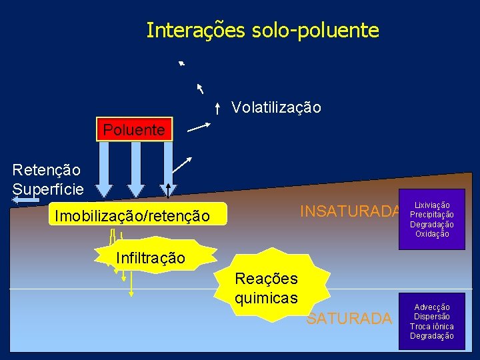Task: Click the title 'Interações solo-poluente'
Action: [263, 30]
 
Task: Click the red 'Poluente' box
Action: [134, 130]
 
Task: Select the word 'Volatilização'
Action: [276, 107]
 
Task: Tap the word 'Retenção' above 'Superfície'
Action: [46, 171]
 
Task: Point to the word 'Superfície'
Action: [48, 189]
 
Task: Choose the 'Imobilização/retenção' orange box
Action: [132, 215]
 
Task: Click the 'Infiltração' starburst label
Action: [150, 257]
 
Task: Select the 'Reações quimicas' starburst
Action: [267, 287]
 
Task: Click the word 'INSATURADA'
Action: [350, 211]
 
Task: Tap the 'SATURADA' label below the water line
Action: [349, 319]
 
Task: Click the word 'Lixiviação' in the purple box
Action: [432, 205]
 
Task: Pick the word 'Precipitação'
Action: [432, 215]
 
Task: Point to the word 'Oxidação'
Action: [432, 234]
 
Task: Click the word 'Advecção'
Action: [432, 307]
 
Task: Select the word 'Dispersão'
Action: [432, 316]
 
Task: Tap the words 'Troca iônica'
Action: [432, 326]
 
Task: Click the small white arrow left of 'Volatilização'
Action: [218, 107]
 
